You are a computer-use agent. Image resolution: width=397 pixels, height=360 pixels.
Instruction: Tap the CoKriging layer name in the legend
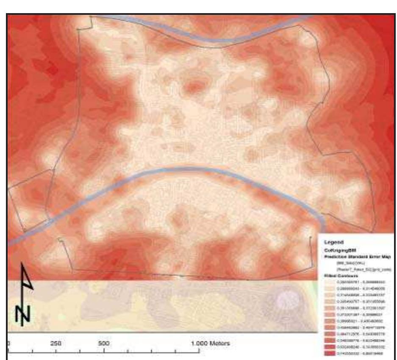coord(341,250)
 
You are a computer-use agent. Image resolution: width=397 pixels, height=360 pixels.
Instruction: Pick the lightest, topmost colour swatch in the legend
coord(330,282)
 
